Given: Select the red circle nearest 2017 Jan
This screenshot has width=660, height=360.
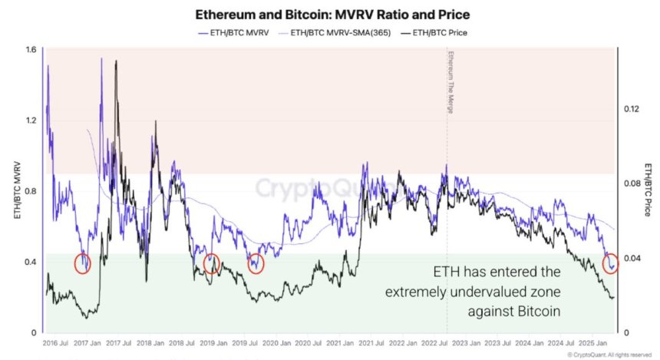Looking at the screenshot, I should tap(82, 263).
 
